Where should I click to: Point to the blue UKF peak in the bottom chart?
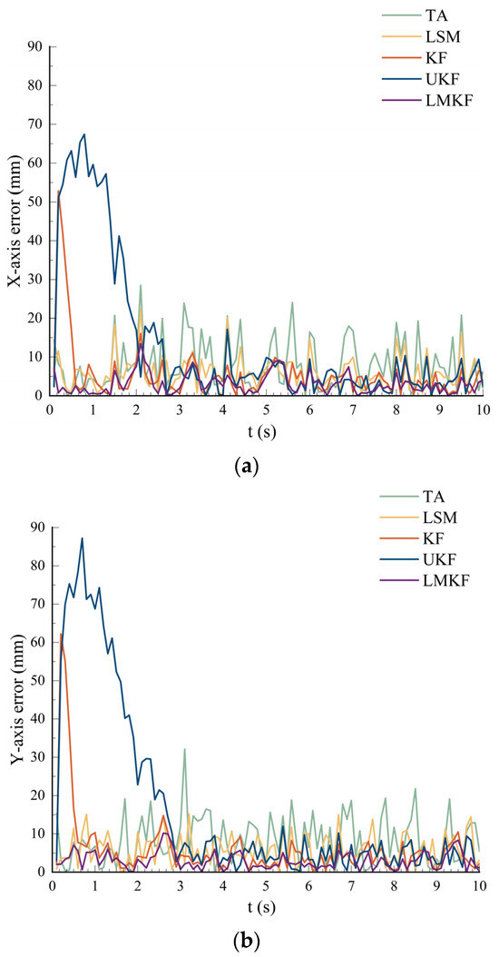[x=82, y=538]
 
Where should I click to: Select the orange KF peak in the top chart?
[x=59, y=192]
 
